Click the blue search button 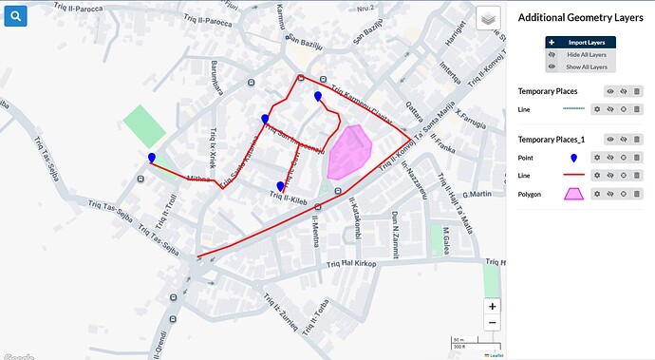click(x=16, y=17)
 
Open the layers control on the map click(x=488, y=19)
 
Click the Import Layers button click(x=580, y=42)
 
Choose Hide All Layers click(x=580, y=54)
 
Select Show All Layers click(x=580, y=66)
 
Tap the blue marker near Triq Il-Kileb click(x=280, y=187)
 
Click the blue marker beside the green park click(x=152, y=159)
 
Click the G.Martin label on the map click(x=476, y=195)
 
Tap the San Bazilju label click(x=306, y=42)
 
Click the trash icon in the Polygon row click(x=637, y=194)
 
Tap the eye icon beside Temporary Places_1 click(x=609, y=140)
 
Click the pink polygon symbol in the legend click(x=573, y=194)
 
